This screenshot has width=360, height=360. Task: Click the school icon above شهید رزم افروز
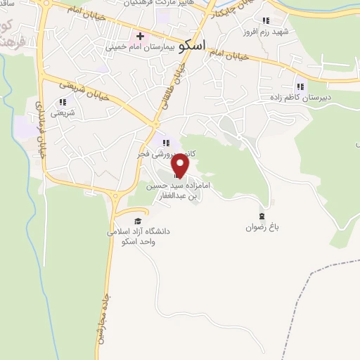pyautogui.click(x=266, y=21)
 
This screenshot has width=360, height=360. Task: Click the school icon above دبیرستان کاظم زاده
pyautogui.click(x=301, y=86)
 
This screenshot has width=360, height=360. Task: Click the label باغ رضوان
pyautogui.click(x=263, y=227)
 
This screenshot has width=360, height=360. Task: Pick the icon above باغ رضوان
pyautogui.click(x=262, y=216)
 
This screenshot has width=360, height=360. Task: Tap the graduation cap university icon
pyautogui.click(x=137, y=220)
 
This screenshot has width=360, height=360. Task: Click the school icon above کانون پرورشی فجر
pyautogui.click(x=167, y=143)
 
